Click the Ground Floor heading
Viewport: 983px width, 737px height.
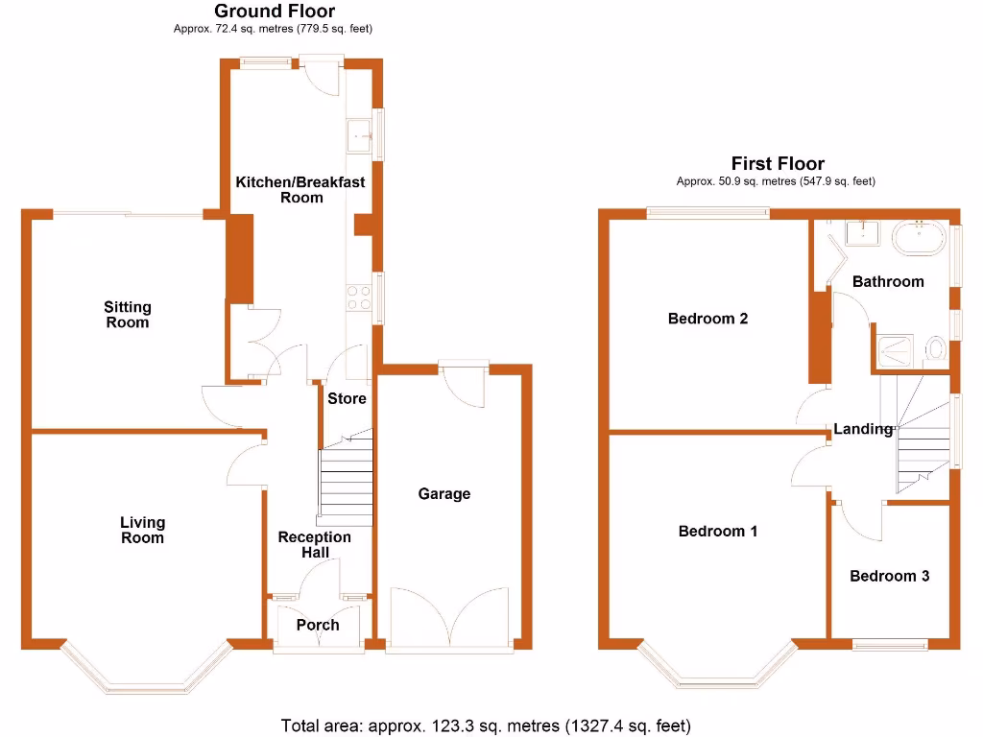(274, 12)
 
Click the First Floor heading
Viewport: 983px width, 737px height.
(777, 163)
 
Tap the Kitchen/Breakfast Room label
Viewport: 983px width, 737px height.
(300, 189)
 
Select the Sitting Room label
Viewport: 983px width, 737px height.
(128, 315)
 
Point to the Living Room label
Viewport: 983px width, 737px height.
(142, 530)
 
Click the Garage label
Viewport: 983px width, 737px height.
(444, 493)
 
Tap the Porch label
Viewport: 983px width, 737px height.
(317, 625)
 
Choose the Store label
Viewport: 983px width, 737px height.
(347, 398)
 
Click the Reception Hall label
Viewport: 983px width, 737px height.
(314, 544)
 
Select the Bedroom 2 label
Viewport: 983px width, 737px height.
(707, 319)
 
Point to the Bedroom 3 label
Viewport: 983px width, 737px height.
(889, 576)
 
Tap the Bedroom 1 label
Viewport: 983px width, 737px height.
(717, 531)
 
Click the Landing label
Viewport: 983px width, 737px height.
(862, 429)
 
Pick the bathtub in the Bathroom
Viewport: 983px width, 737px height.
(921, 236)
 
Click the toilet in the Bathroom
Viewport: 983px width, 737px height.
(937, 350)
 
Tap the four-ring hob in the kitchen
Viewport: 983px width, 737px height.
(359, 298)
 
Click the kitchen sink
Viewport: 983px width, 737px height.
(360, 136)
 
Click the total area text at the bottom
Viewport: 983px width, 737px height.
(486, 725)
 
